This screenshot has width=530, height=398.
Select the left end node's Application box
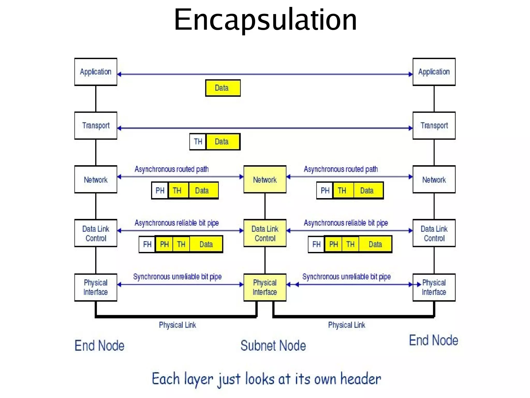[x=96, y=72]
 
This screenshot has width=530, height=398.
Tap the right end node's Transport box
[x=434, y=126]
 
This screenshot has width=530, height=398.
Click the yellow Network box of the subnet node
[x=265, y=179]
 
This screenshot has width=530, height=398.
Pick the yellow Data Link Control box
[x=265, y=233]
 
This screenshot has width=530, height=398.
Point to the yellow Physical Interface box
[x=265, y=287]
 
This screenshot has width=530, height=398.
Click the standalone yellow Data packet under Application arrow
[x=223, y=88]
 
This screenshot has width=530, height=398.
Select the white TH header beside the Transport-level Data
[x=198, y=142]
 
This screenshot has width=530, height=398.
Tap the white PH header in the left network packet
[x=160, y=191]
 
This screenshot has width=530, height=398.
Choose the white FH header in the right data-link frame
[x=316, y=244]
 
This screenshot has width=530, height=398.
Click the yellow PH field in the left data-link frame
[x=164, y=244]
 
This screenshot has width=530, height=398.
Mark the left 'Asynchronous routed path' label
[x=172, y=169]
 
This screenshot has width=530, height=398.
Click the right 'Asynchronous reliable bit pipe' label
[x=346, y=223]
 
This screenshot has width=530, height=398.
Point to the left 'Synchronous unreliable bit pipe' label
[x=177, y=277]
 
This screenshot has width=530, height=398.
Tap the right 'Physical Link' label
[x=347, y=325]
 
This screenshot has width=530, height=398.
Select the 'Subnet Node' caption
[x=273, y=345]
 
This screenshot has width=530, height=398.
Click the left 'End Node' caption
[x=99, y=345]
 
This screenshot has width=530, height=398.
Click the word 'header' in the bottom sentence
[x=360, y=379]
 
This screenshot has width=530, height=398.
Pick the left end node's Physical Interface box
[x=96, y=287]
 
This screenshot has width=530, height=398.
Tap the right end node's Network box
[x=434, y=179]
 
